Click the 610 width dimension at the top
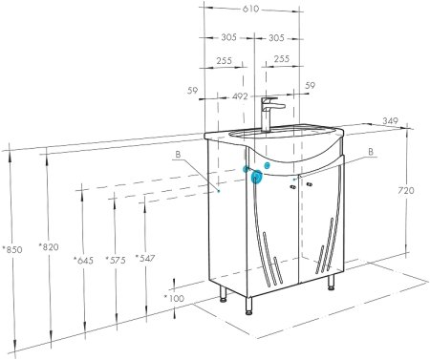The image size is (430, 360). click(x=250, y=10)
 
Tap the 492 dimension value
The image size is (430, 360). click(x=240, y=95)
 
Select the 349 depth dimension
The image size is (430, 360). click(x=390, y=121)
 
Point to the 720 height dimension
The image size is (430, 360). click(x=406, y=190)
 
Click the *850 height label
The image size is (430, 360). click(x=12, y=249)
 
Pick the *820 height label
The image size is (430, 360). click(x=49, y=246)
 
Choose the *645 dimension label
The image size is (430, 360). click(x=83, y=261)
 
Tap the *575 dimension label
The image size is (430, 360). click(x=116, y=260)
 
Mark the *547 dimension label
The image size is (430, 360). click(x=145, y=258)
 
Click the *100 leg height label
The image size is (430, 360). click(x=174, y=298)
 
